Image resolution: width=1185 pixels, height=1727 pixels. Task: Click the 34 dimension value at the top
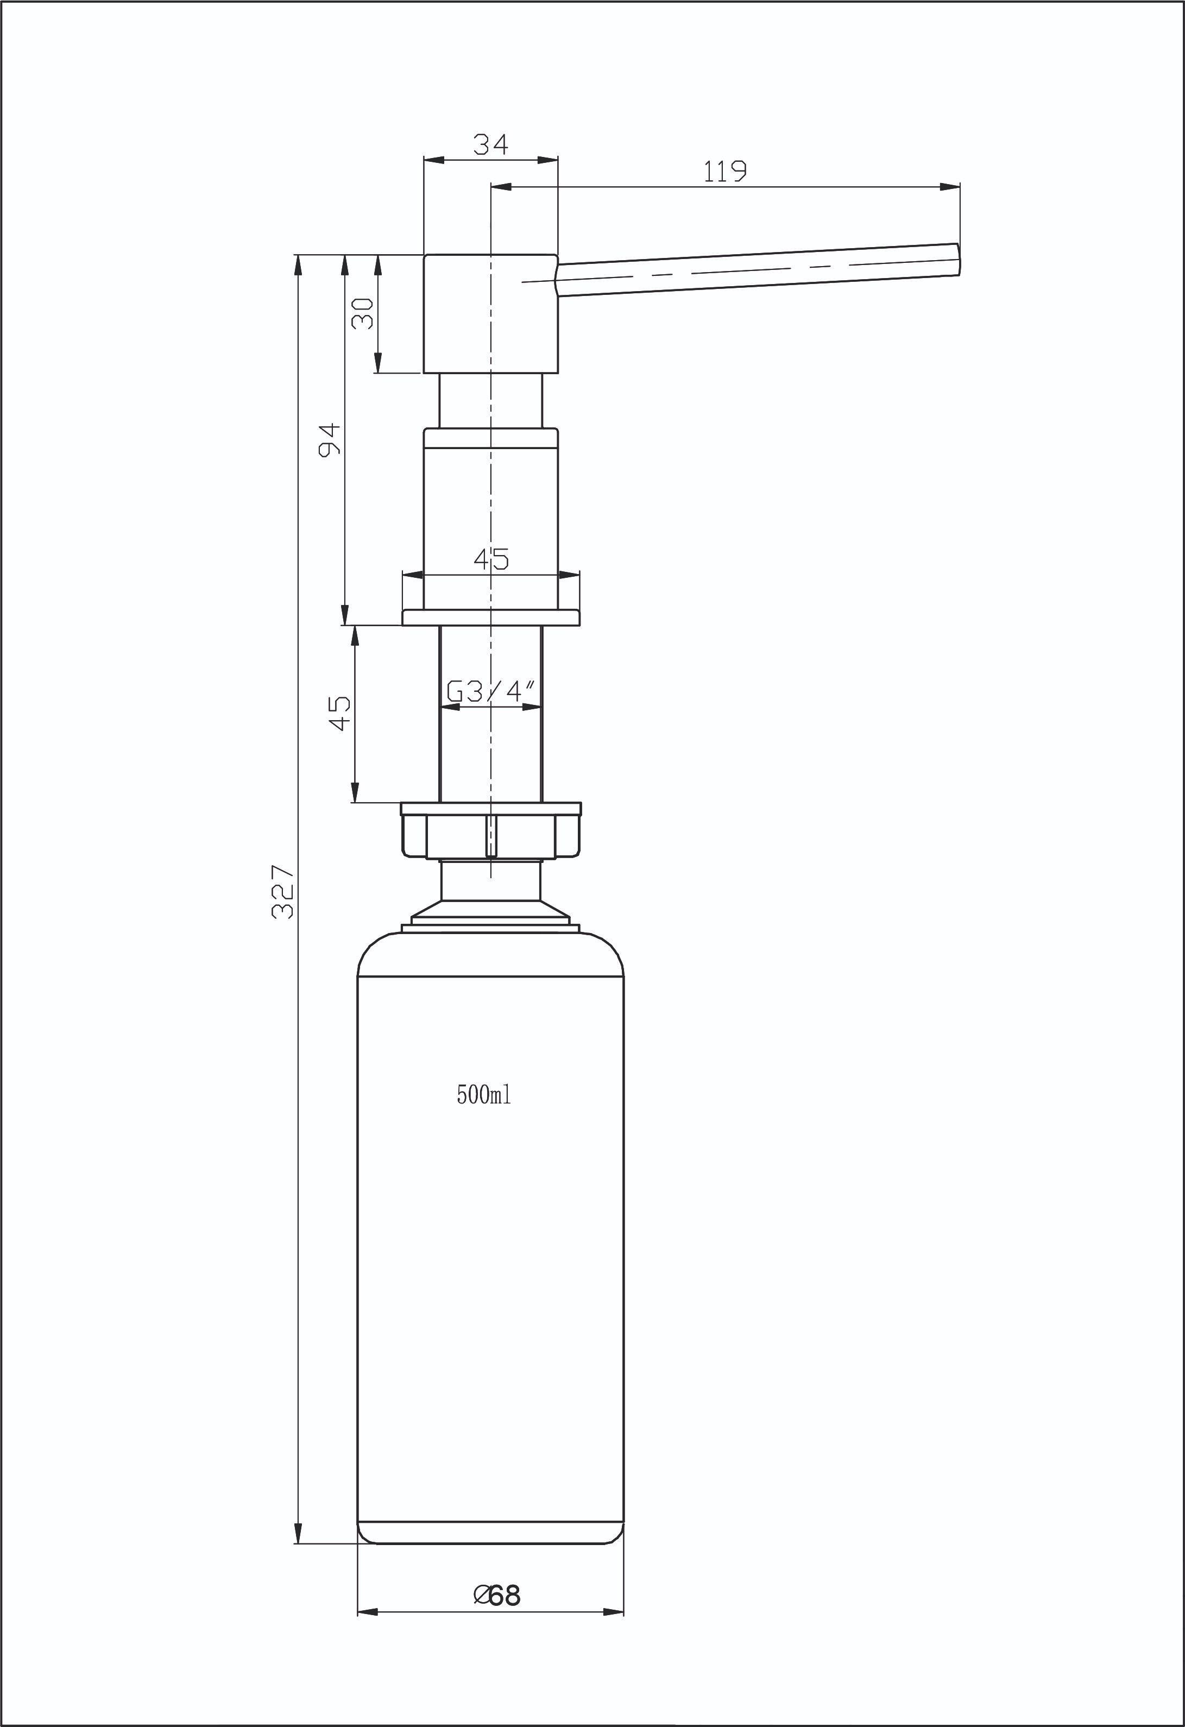491,144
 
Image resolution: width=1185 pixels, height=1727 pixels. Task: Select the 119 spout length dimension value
724,172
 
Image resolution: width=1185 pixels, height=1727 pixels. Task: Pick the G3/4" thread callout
491,692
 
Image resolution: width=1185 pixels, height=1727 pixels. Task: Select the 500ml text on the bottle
484,1095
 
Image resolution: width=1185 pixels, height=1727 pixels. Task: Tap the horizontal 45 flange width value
491,559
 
